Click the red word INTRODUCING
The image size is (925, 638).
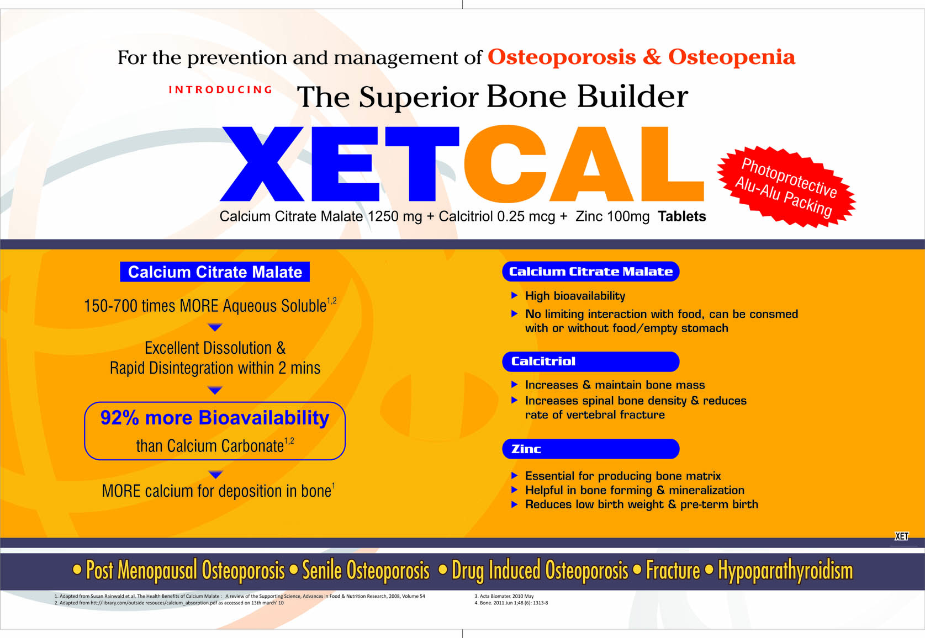coord(220,89)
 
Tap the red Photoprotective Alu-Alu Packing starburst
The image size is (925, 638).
coord(786,187)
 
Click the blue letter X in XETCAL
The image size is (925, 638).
coord(262,163)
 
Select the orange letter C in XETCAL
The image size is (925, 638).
coord(505,164)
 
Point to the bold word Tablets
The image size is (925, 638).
coord(682,216)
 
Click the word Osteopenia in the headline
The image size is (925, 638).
coord(732,57)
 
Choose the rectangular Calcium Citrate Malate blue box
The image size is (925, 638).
coord(215,272)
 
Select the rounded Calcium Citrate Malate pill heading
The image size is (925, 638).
coord(590,272)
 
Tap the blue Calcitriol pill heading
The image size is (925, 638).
coord(590,361)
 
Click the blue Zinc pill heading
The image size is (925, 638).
coord(590,449)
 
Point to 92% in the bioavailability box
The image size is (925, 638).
coord(119,418)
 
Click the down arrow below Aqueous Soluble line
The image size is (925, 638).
coord(215,327)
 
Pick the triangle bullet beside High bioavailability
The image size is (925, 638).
coord(515,295)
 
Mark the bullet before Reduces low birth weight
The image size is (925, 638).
coord(515,504)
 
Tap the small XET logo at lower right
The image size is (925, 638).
coord(901,536)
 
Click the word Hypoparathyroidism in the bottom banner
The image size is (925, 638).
coord(785,571)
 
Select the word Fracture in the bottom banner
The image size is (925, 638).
coord(673,570)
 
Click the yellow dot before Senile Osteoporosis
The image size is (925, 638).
coord(294,570)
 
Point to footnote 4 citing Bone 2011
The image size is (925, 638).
coord(511,603)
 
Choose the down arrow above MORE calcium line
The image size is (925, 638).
coord(215,474)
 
